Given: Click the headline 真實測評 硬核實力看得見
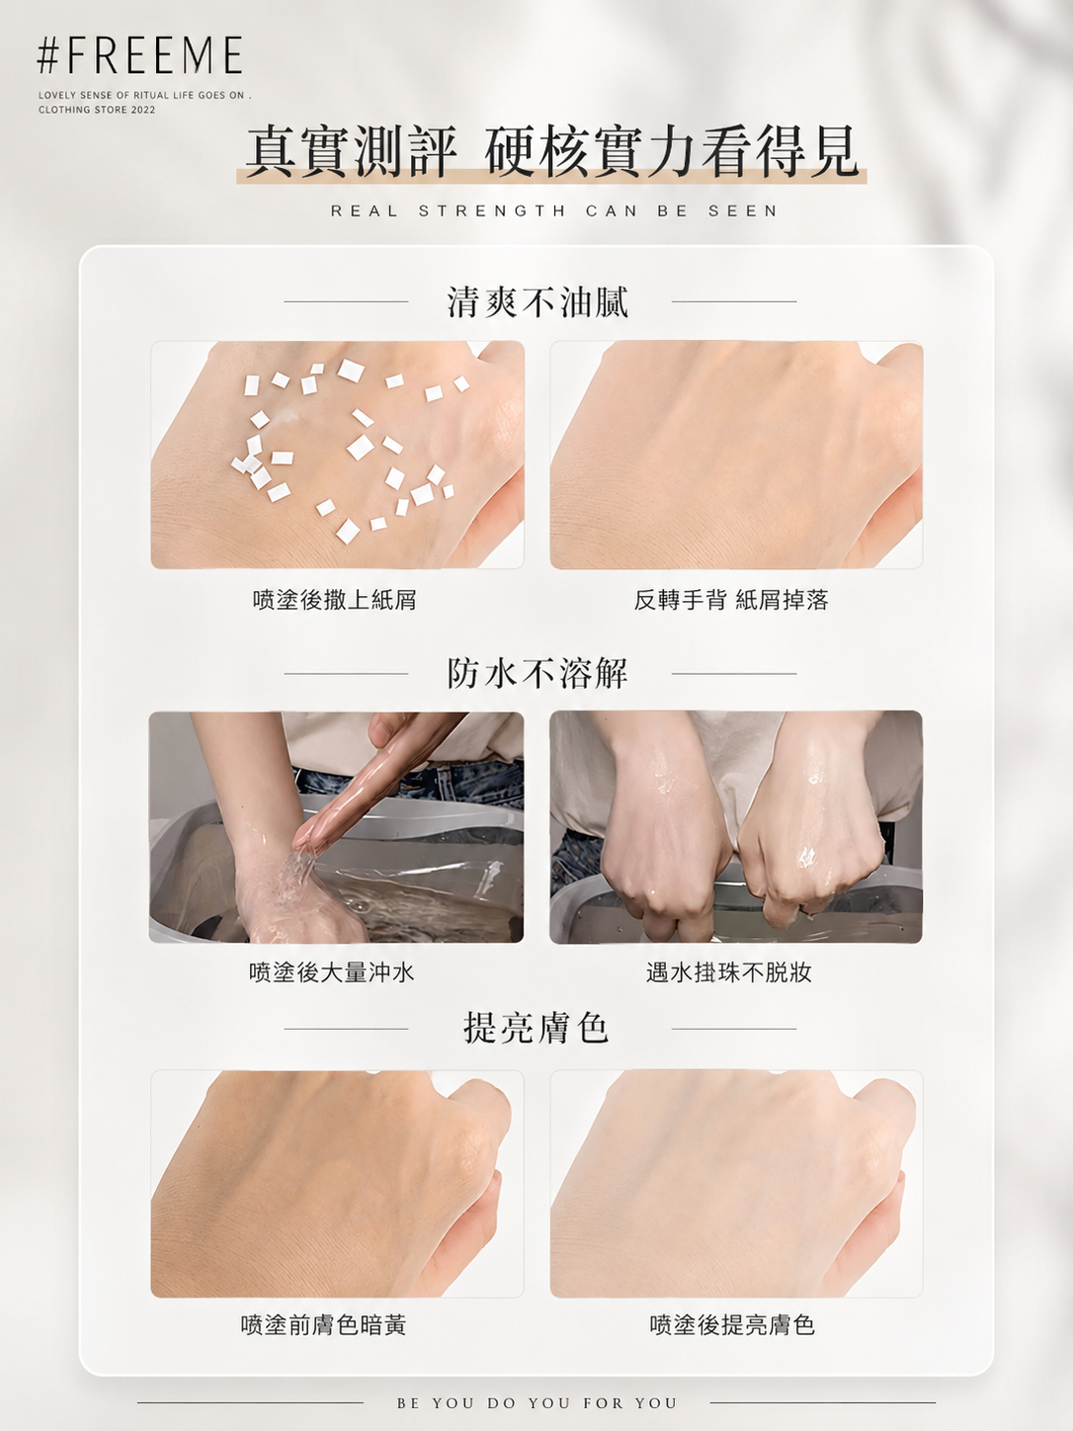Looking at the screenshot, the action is [551, 152].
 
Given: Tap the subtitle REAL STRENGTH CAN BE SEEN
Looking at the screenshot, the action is [554, 210].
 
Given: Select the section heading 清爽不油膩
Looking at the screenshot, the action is [538, 302].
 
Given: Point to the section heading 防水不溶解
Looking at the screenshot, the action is [538, 673].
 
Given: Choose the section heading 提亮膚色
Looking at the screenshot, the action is [536, 1028].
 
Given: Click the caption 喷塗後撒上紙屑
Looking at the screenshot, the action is [335, 599].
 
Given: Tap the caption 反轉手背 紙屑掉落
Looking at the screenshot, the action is [731, 599].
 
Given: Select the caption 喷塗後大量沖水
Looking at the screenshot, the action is [332, 972].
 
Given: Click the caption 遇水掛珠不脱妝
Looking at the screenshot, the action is [729, 972].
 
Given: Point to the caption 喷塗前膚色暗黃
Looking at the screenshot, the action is [324, 1324].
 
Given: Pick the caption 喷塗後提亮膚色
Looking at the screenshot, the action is [732, 1324].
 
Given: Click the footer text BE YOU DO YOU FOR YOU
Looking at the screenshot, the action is [537, 1403].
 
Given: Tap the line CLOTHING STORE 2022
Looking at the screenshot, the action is [97, 110].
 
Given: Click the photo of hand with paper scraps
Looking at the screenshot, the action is [338, 455].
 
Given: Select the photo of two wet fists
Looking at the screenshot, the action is [736, 827].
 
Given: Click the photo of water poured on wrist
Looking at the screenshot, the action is [336, 827].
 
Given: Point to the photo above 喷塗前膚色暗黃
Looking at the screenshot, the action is [338, 1184].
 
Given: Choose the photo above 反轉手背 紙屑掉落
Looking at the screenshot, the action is [736, 455].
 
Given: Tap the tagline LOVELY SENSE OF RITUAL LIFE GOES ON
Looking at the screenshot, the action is [144, 95].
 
